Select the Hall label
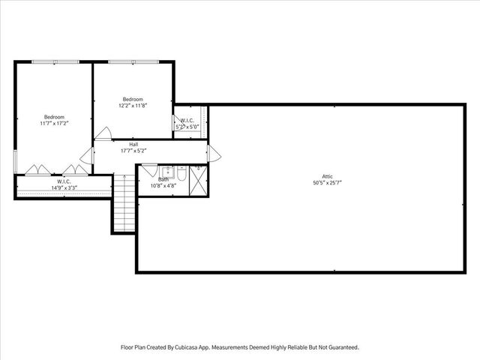pyautogui.click(x=133, y=145)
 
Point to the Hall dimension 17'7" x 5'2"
pyautogui.click(x=133, y=151)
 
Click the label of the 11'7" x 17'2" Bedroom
pyautogui.click(x=54, y=116)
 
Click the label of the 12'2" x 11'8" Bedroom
pyautogui.click(x=133, y=99)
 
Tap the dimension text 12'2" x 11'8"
pyautogui.click(x=133, y=105)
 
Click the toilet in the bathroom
pyautogui.click(x=181, y=176)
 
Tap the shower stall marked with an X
pyautogui.click(x=198, y=181)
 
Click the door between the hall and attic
pyautogui.click(x=215, y=154)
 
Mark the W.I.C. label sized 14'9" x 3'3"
pyautogui.click(x=61, y=181)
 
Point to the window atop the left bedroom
pyautogui.click(x=54, y=63)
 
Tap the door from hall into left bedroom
pyautogui.click(x=88, y=155)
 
